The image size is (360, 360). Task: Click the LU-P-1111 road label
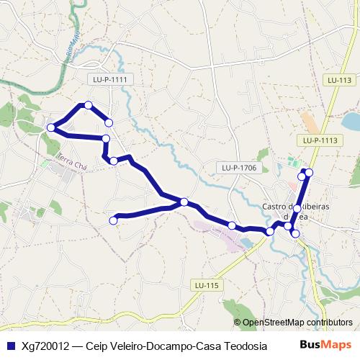click(110, 79)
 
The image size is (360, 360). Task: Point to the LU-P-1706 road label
click(238, 168)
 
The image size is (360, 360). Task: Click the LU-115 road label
click(206, 286)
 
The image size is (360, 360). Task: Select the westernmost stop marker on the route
click(51, 128)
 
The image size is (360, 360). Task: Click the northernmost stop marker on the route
click(89, 105)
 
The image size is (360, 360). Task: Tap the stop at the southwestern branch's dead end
click(112, 220)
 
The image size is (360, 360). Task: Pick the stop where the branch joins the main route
click(184, 202)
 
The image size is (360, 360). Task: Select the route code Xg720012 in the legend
click(45, 346)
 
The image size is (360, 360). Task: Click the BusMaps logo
click(326, 345)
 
